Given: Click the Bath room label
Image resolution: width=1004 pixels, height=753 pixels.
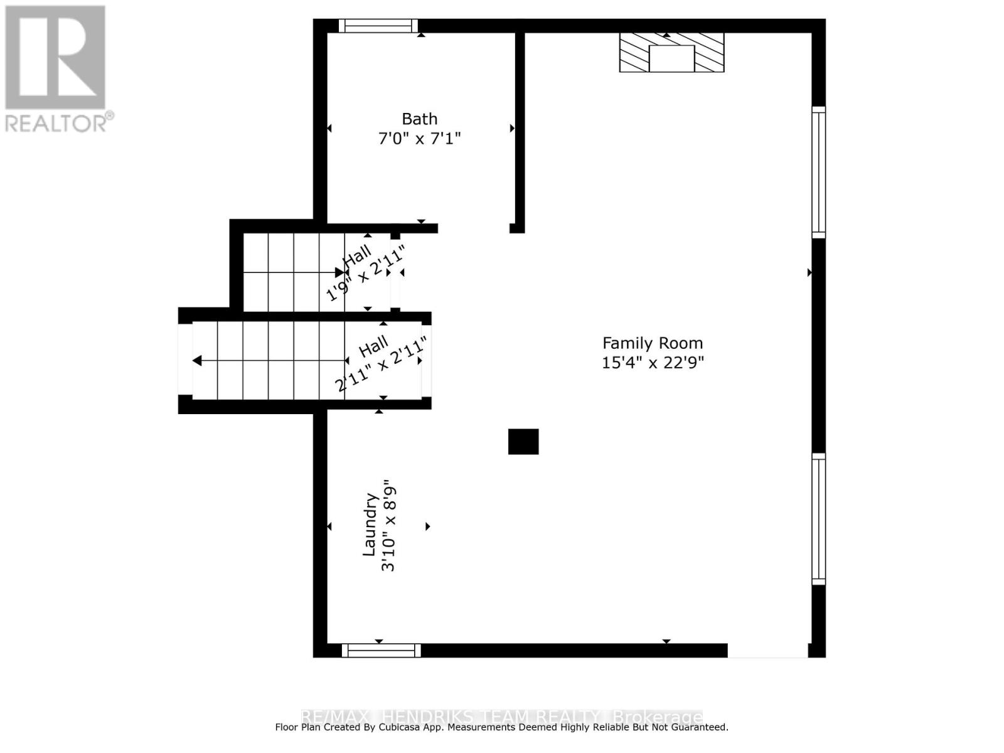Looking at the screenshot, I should [x=419, y=119].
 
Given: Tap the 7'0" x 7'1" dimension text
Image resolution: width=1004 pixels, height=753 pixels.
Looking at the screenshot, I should [x=419, y=138].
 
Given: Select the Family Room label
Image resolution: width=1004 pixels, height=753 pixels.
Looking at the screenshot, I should [x=653, y=343].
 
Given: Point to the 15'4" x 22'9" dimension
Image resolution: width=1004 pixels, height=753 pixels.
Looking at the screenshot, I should [x=653, y=363].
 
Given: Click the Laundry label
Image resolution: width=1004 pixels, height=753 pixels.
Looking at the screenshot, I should [x=370, y=525].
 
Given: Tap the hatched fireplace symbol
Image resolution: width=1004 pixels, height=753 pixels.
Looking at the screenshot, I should [x=671, y=53].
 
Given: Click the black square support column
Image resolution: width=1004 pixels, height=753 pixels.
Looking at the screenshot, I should [x=523, y=442].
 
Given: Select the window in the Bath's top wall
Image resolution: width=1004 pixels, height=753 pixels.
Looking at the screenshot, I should [x=378, y=26].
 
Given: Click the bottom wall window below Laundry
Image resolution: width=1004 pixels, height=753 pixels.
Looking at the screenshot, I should [x=381, y=650].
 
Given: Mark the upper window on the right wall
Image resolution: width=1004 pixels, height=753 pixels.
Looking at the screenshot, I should [x=819, y=172].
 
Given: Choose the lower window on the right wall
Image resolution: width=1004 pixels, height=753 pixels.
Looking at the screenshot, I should [x=819, y=519].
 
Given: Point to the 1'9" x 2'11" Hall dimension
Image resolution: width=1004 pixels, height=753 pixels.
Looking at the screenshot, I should [x=366, y=274].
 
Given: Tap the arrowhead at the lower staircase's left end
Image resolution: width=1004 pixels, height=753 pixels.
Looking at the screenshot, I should [x=197, y=361].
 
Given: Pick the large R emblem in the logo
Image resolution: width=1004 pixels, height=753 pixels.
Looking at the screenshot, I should [x=55, y=58].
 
